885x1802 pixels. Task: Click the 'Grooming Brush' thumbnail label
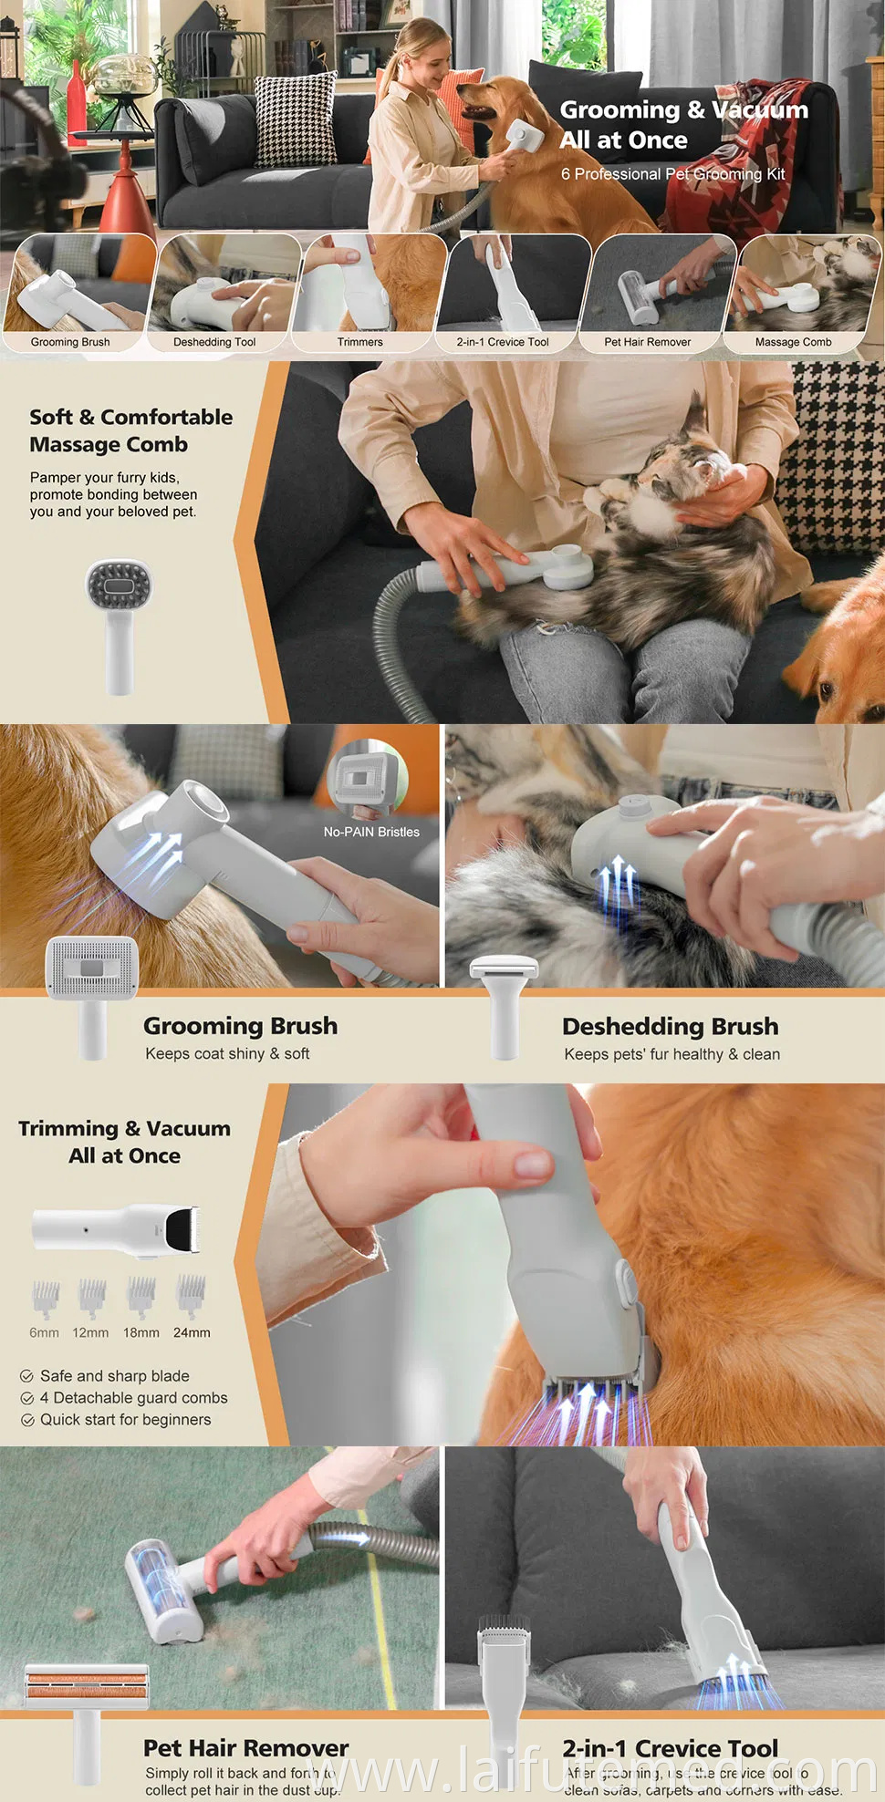[x=70, y=342]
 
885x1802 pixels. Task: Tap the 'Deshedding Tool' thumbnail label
[x=214, y=342]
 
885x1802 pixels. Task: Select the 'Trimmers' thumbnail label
[x=360, y=342]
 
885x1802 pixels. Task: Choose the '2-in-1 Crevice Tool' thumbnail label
[x=503, y=342]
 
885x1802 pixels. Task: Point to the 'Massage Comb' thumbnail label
[x=793, y=342]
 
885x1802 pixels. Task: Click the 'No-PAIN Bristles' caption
[x=371, y=832]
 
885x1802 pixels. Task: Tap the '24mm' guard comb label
[x=192, y=1332]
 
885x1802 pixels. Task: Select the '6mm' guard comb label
[x=44, y=1332]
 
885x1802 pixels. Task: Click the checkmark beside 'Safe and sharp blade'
[x=27, y=1376]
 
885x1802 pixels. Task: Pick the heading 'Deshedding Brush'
[x=670, y=1026]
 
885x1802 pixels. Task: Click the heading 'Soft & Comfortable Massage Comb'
[x=130, y=430]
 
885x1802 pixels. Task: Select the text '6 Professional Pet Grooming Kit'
[x=672, y=174]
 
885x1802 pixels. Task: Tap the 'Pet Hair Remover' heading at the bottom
[x=245, y=1747]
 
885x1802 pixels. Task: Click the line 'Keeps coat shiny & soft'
[x=227, y=1053]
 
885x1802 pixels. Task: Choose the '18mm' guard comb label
[x=141, y=1332]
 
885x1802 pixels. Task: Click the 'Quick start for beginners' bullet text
[x=125, y=1420]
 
